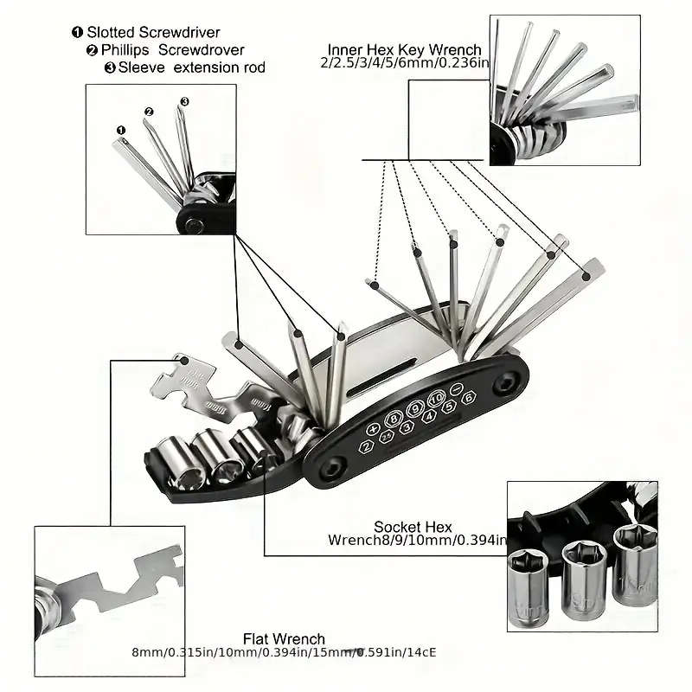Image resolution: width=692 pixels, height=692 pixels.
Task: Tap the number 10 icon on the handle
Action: pos(434,400)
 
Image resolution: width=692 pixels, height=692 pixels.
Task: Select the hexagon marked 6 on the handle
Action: pos(468,399)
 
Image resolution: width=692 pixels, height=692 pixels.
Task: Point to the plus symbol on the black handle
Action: pos(374,428)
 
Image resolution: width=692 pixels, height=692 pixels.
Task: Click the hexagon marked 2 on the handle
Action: pos(368,446)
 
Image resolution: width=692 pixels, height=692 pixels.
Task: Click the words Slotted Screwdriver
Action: pos(153,33)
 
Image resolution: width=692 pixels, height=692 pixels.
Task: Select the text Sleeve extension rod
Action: pos(191,67)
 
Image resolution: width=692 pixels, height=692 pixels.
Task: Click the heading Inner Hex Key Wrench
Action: pos(404,49)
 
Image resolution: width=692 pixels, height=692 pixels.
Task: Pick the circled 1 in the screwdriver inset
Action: pos(120,130)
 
